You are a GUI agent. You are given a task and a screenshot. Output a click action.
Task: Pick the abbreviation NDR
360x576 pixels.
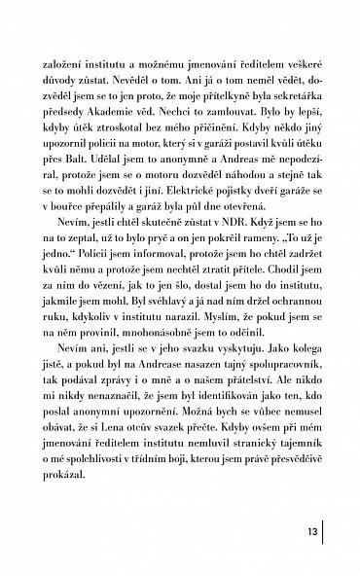tap(216, 255)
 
